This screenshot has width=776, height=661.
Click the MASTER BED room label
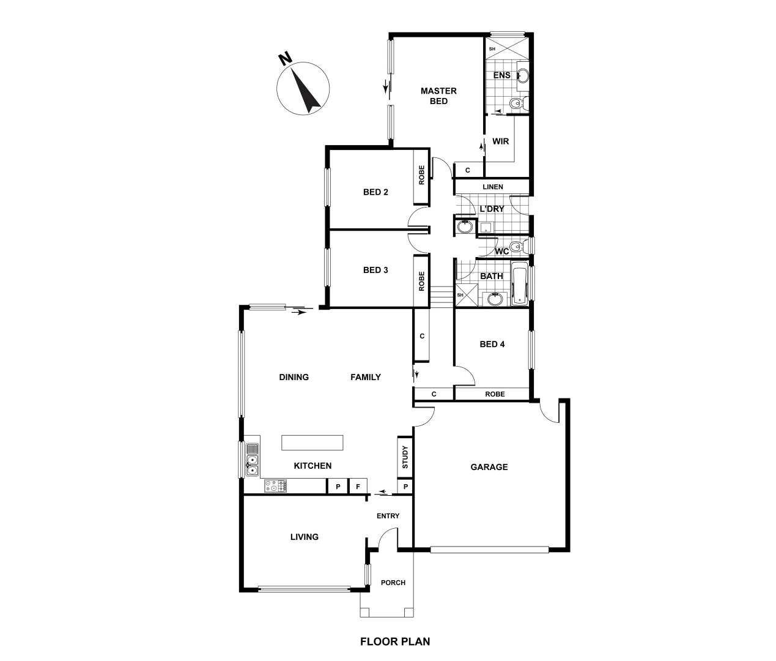[438, 96]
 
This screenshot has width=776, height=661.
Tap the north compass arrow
[306, 91]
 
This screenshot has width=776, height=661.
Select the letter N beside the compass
[284, 59]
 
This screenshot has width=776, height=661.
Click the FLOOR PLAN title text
[394, 641]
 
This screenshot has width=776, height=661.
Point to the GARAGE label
[489, 467]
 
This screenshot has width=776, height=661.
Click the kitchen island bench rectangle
[312, 443]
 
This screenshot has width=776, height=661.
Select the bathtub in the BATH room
[519, 283]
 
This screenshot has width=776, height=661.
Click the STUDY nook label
[405, 457]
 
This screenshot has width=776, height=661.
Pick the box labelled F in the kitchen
[358, 487]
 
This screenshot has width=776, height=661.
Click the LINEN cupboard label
[493, 187]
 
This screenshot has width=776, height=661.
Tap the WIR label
[500, 141]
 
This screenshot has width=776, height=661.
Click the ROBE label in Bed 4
[495, 394]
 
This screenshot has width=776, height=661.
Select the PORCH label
[393, 583]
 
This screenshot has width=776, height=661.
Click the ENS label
[501, 75]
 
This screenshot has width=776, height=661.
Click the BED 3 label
[375, 270]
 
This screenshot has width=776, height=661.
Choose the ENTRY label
[388, 516]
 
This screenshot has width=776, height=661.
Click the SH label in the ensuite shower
[492, 48]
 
